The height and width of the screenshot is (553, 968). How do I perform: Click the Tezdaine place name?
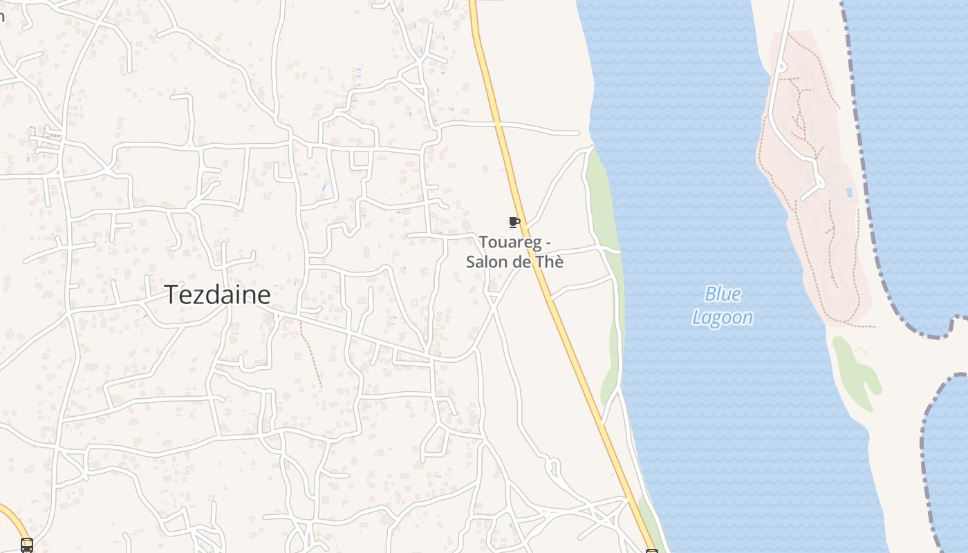217,295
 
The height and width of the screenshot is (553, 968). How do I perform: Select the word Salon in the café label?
485,262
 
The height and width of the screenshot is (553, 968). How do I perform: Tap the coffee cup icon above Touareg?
514,222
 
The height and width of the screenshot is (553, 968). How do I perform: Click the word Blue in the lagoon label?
723,294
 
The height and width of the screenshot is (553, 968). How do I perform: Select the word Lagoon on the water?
723,318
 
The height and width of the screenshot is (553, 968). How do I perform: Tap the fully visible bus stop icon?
27,545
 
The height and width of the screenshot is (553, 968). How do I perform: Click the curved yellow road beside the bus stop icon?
14,518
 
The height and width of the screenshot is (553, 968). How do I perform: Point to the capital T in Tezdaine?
171,295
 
